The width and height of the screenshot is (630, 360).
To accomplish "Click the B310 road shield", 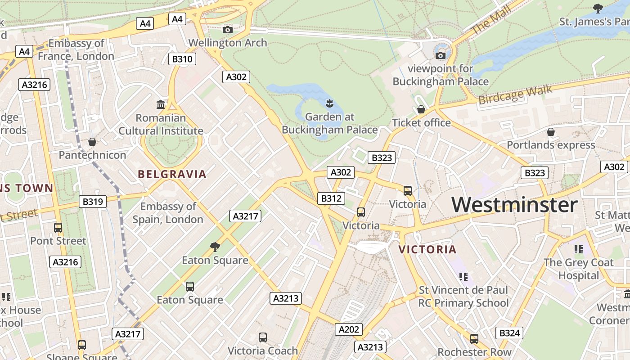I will pyautogui.click(x=182, y=59).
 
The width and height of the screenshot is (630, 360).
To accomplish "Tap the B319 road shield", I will pyautogui.click(x=93, y=202).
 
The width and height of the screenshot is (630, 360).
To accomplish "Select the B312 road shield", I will pyautogui.click(x=331, y=198).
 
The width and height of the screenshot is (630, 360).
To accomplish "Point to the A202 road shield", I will pyautogui.click(x=349, y=329).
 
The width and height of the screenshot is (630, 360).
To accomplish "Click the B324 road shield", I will pyautogui.click(x=509, y=333).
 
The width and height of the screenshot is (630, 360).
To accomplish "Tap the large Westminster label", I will pyautogui.click(x=514, y=205).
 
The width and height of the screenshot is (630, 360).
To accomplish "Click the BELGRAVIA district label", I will pyautogui.click(x=172, y=174).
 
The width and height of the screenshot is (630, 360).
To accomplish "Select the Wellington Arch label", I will pyautogui.click(x=228, y=43).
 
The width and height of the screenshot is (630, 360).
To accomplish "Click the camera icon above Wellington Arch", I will pyautogui.click(x=228, y=30).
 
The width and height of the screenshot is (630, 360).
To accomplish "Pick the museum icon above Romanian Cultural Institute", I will pyautogui.click(x=161, y=105).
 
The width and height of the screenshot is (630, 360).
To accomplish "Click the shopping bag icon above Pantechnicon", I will pyautogui.click(x=92, y=142).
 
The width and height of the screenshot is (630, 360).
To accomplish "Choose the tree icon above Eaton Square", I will pyautogui.click(x=215, y=247).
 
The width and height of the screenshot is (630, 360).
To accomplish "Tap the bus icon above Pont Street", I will pyautogui.click(x=58, y=228).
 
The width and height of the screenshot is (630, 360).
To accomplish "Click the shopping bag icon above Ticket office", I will pyautogui.click(x=421, y=109).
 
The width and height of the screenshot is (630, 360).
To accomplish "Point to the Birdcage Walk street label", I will pyautogui.click(x=515, y=94).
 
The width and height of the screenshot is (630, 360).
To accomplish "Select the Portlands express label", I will pyautogui.click(x=551, y=145).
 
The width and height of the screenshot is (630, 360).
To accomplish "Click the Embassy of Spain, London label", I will pyautogui.click(x=168, y=213).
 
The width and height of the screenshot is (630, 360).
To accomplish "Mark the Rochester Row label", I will pyautogui.click(x=474, y=351).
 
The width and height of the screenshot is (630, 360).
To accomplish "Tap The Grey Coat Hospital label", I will pyautogui.click(x=578, y=269).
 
